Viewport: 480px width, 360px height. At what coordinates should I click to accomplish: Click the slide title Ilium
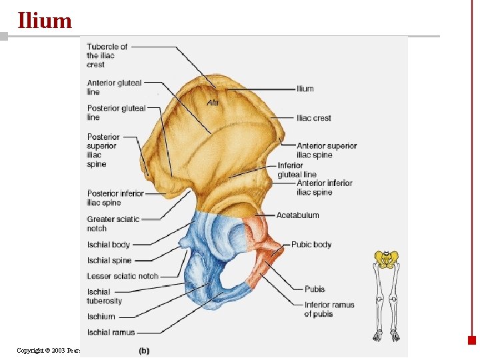pos(45,20)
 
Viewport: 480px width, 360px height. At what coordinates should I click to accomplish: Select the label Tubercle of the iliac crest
pos(107,55)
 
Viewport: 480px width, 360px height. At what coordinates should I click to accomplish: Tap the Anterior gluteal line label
pos(114,87)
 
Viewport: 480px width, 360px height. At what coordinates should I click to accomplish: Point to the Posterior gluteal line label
pos(116,113)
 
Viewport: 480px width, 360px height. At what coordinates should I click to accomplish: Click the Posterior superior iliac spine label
pos(103,151)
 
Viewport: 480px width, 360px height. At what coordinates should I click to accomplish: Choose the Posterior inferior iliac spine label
pos(115,198)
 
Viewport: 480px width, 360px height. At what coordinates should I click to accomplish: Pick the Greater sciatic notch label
pos(113,223)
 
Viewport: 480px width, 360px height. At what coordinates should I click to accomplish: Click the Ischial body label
pos(109,245)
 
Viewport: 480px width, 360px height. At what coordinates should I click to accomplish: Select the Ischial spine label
pos(109,261)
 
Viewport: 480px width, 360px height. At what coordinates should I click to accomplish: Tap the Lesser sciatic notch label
pos(123,276)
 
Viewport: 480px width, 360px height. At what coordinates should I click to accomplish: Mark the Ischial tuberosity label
pos(104,296)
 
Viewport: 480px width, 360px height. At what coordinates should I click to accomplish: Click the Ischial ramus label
pos(111,332)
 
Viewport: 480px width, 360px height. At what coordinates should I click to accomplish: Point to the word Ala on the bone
pos(213,103)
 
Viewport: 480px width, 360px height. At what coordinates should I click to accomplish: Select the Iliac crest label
pos(314,118)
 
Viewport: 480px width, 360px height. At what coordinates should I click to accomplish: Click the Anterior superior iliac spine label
pos(327,150)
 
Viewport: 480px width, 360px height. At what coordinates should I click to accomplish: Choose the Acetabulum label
pos(298,215)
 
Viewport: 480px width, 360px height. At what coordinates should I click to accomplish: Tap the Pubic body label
pos(311,245)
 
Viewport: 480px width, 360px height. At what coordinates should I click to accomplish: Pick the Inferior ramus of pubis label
pos(329,309)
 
